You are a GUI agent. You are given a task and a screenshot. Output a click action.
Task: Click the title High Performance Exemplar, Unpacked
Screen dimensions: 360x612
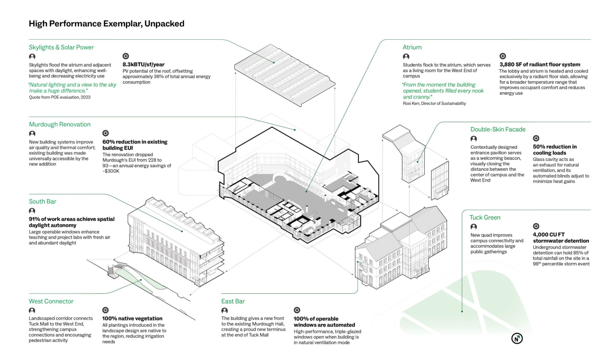[x=106, y=24]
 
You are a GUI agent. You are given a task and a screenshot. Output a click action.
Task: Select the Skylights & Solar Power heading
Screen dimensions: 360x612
[x=61, y=47]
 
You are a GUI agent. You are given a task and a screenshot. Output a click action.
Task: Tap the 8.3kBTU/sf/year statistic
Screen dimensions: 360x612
[x=143, y=64]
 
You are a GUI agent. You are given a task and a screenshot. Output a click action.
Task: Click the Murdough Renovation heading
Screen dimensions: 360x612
[x=60, y=124]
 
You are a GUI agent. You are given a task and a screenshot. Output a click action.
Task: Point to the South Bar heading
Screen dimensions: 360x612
[x=43, y=201]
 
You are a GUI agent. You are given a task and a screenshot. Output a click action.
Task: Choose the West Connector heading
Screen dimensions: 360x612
[x=51, y=301]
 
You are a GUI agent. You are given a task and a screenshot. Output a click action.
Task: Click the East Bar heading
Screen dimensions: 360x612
[x=233, y=301]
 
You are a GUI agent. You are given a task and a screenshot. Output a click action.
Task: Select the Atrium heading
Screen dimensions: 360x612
[x=412, y=47]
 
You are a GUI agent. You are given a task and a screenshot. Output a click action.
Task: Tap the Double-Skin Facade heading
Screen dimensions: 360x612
[x=498, y=129]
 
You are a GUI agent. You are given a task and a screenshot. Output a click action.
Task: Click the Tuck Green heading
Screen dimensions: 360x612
[x=485, y=217]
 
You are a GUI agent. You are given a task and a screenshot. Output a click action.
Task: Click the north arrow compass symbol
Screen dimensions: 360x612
[x=517, y=338]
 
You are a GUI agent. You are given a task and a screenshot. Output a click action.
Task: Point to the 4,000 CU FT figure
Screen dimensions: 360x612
[x=549, y=234]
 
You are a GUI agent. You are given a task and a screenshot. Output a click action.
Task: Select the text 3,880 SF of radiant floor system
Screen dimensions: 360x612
[x=540, y=64]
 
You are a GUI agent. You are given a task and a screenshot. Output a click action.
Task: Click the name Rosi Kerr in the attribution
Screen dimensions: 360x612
[x=411, y=103]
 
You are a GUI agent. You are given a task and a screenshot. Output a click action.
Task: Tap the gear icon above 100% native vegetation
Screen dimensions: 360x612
[x=105, y=310]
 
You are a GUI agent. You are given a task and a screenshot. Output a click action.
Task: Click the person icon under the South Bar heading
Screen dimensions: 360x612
[x=32, y=211]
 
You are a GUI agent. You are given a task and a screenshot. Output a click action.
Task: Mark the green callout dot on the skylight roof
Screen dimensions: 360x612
[x=274, y=62]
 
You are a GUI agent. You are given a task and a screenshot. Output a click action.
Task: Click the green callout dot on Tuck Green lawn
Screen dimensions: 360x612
[x=462, y=311]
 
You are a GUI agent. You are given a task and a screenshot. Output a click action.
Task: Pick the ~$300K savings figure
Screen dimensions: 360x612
[x=111, y=171]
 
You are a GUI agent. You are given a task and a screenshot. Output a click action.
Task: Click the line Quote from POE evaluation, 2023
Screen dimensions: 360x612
[x=60, y=97]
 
